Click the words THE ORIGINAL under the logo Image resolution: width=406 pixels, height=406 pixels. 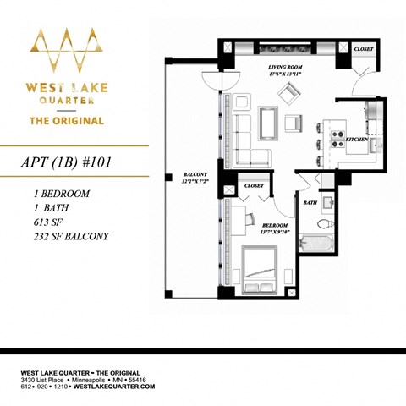[x=67, y=120]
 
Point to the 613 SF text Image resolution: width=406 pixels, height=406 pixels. [x=42, y=222]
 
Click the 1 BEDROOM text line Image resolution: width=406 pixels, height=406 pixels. [x=59, y=193]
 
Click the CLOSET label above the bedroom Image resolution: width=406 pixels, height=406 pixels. [x=253, y=185]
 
